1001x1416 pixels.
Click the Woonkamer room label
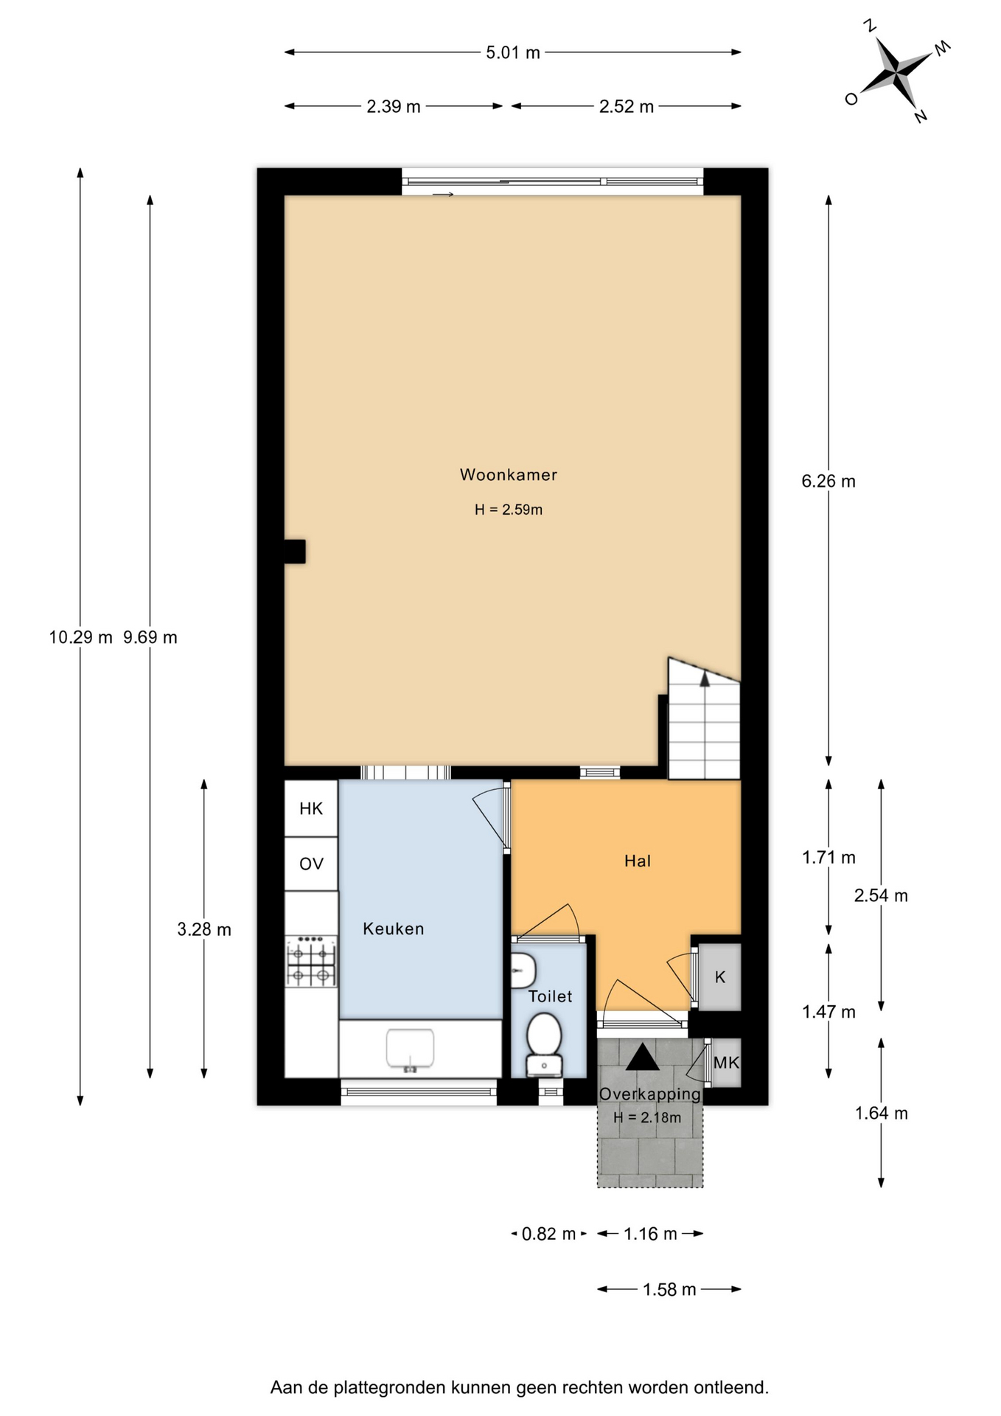pos(508,475)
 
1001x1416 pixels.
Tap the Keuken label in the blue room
pos(393,929)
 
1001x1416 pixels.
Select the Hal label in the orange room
pos(638,861)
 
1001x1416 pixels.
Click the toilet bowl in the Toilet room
pos(545,1041)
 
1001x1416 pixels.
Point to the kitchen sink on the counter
pos(410,1049)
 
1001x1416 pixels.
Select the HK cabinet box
pos(311,808)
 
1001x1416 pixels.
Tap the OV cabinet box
pos(311,864)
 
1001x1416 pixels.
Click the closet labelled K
pos(719,977)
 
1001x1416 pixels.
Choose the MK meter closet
pos(726,1063)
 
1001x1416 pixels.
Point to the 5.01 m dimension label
pos(513,52)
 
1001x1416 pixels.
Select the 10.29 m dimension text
pos(81,637)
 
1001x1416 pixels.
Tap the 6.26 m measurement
pos(829,482)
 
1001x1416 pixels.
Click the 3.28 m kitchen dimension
pos(204,930)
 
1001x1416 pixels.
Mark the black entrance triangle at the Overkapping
pos(643,1057)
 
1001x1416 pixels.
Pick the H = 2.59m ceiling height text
pos(509,510)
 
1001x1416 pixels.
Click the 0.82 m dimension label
pos(548,1234)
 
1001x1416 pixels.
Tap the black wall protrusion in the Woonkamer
pos(295,552)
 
